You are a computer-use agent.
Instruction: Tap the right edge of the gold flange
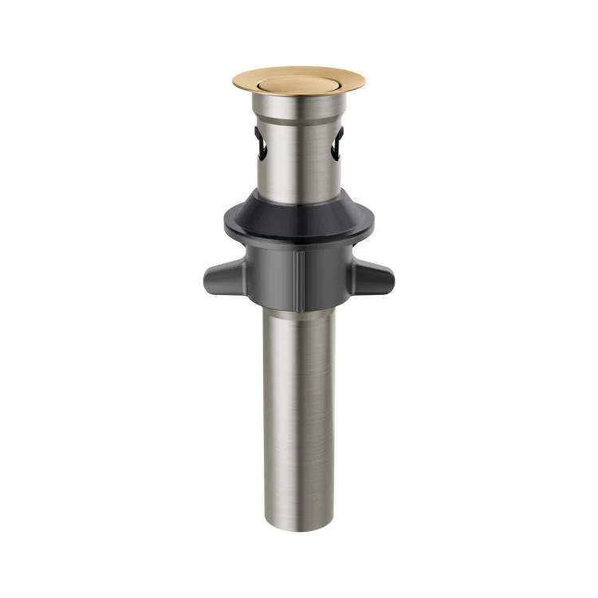(x=363, y=81)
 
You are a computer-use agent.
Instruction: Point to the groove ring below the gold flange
(x=299, y=120)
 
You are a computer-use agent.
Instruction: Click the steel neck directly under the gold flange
(x=299, y=105)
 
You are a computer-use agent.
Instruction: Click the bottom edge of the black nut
(x=299, y=306)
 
